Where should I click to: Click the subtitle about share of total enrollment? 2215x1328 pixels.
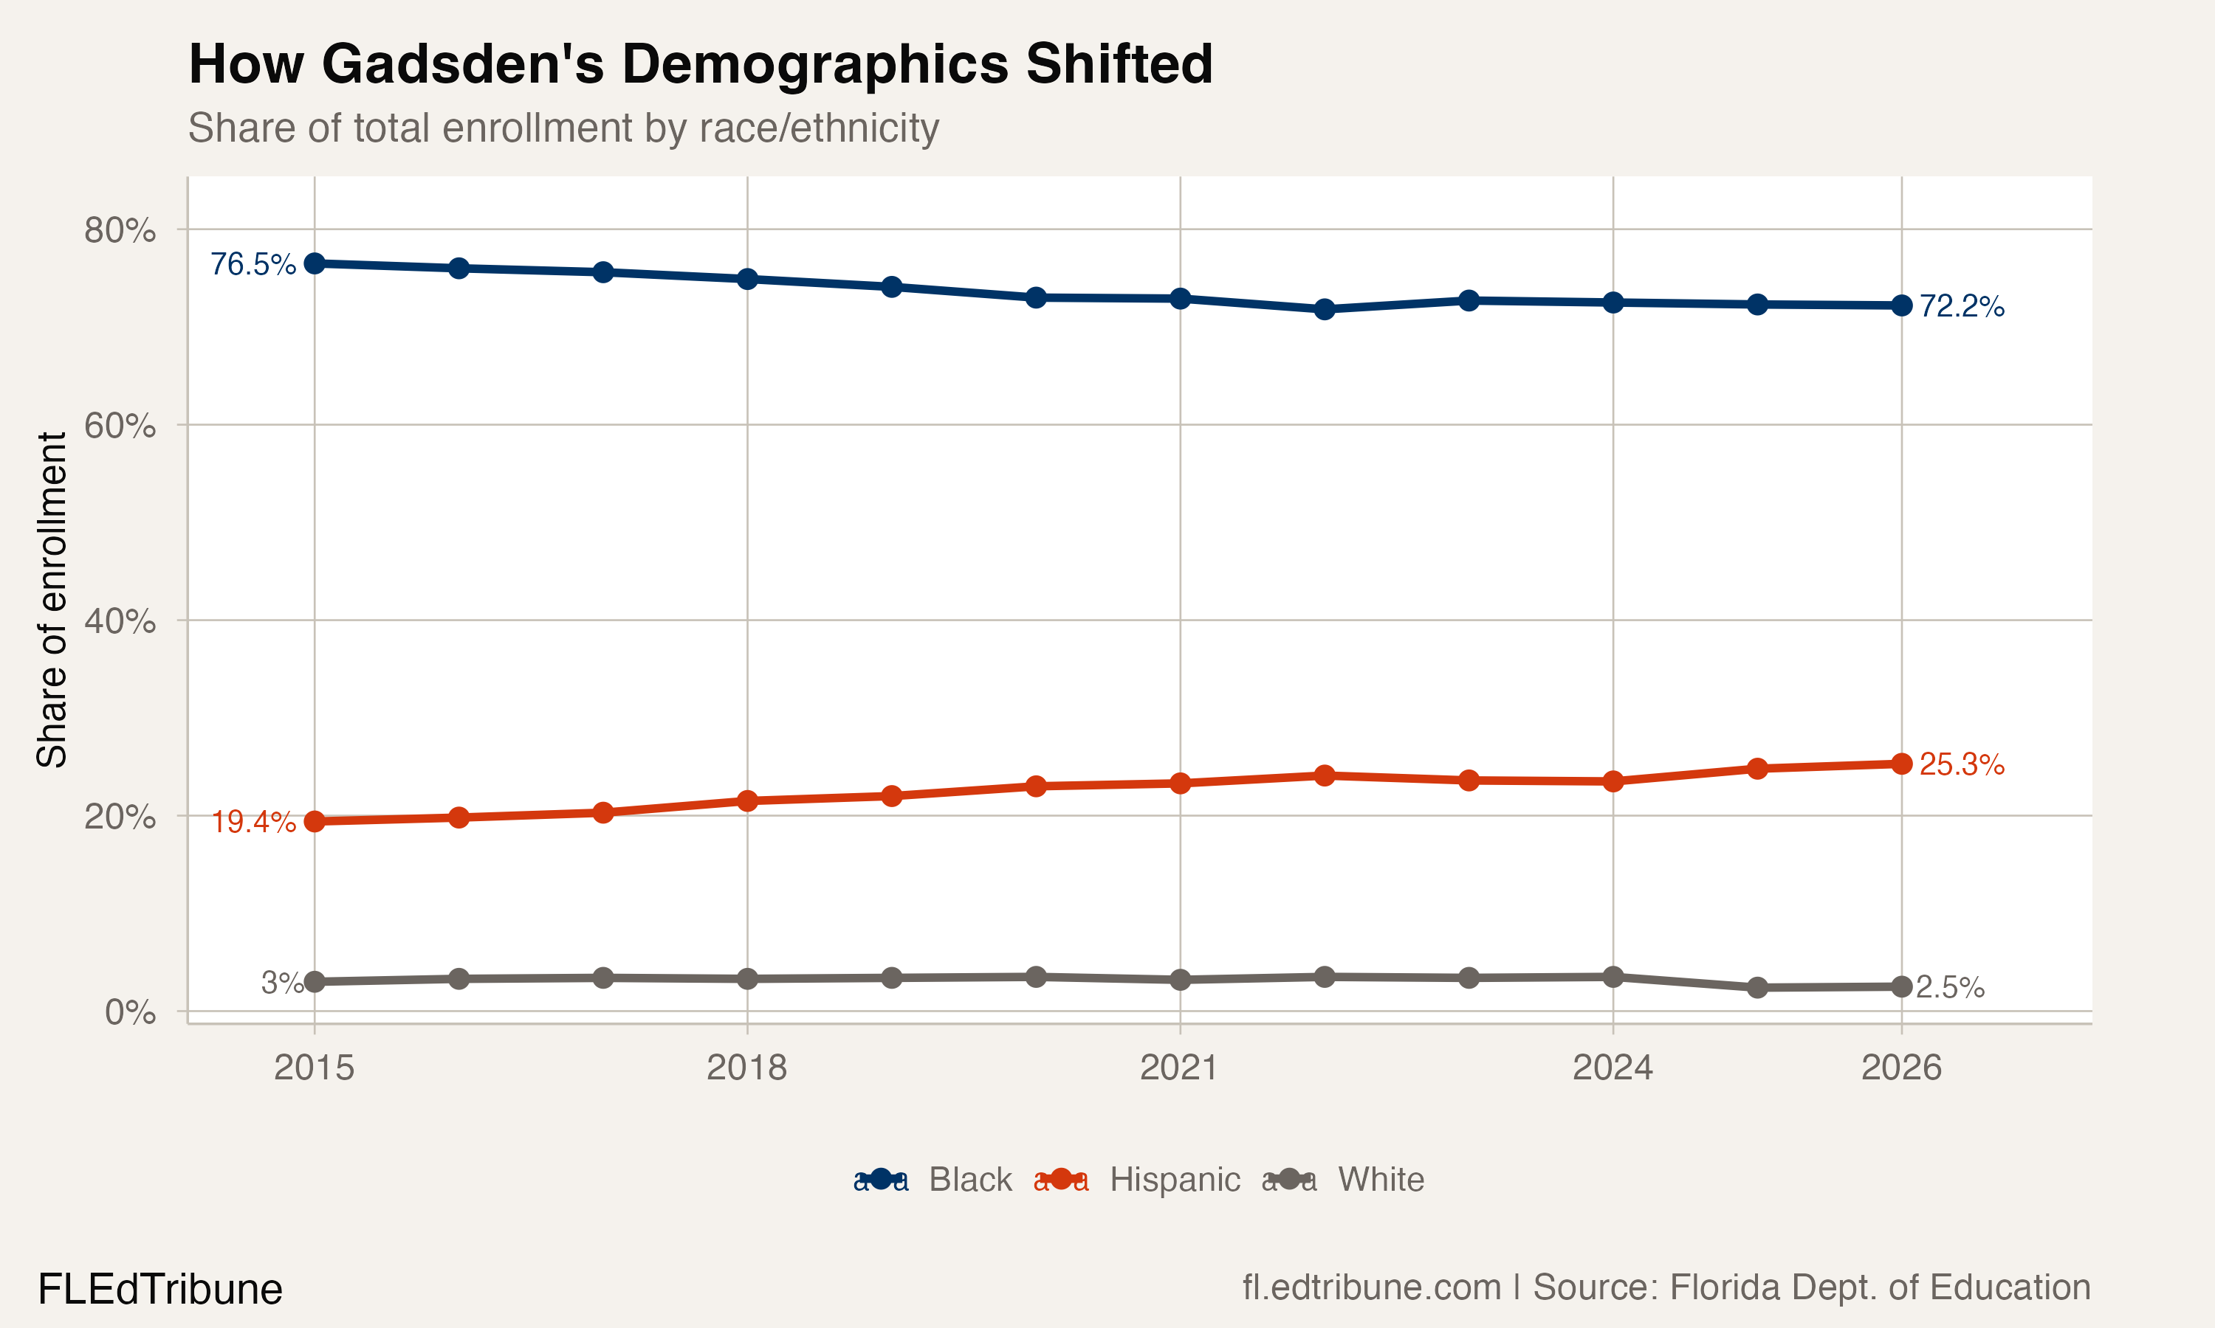click(563, 128)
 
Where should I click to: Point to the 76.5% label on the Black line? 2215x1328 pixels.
click(253, 264)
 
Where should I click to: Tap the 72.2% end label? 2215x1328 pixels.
click(1961, 306)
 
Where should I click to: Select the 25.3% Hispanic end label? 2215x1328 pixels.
click(1961, 764)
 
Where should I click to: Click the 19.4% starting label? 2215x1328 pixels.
click(253, 821)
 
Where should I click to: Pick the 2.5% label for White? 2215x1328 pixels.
click(1950, 987)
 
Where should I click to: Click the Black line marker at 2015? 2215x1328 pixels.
click(315, 263)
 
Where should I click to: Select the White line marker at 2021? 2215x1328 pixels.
click(1180, 980)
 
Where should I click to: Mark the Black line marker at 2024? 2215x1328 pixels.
click(1613, 302)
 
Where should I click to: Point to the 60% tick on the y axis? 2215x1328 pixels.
click(120, 425)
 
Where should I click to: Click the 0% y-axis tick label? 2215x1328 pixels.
click(130, 1012)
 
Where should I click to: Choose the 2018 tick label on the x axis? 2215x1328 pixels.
click(746, 1068)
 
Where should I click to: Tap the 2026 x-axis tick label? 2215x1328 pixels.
click(1900, 1068)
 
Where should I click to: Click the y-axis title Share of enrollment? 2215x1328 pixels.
click(52, 600)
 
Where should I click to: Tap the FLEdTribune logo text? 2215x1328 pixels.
click(159, 1290)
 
